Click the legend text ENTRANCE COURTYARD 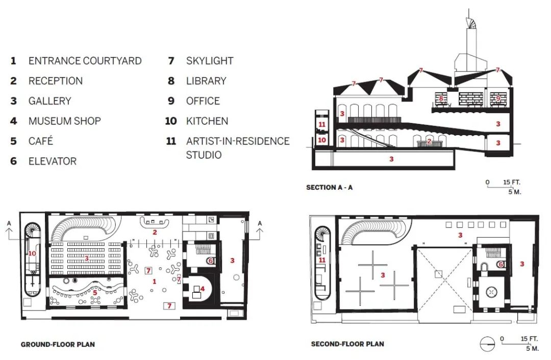85,61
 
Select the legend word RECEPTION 56,81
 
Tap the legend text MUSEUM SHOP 65,121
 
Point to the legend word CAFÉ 41,141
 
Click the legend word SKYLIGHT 210,61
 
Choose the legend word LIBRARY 206,81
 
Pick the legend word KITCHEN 207,121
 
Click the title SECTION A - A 329,187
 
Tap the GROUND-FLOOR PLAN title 58,344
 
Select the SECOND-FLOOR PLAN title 347,344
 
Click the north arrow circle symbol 487,344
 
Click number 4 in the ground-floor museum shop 203,289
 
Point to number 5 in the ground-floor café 95,293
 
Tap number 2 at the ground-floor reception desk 155,232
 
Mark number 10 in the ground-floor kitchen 32,253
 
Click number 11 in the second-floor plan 322,260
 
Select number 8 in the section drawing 441,99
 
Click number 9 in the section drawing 498,98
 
